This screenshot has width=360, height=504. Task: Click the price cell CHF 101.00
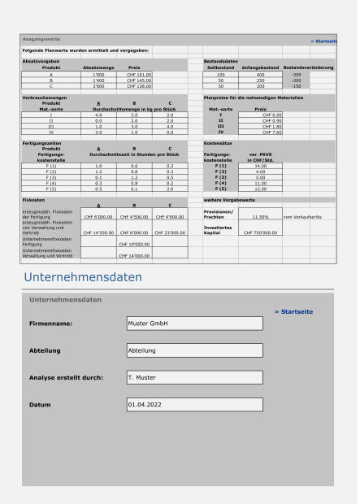[134, 74]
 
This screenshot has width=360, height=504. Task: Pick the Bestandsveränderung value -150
[297, 86]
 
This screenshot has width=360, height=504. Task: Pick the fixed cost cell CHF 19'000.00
[134, 242]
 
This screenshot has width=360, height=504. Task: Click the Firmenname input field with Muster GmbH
[194, 322]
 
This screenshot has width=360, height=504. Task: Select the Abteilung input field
[194, 351]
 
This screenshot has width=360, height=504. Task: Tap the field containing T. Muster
[194, 379]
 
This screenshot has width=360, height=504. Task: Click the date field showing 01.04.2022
[194, 403]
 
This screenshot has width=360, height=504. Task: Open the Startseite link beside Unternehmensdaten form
[293, 311]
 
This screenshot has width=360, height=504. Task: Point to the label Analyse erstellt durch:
[70, 379]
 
